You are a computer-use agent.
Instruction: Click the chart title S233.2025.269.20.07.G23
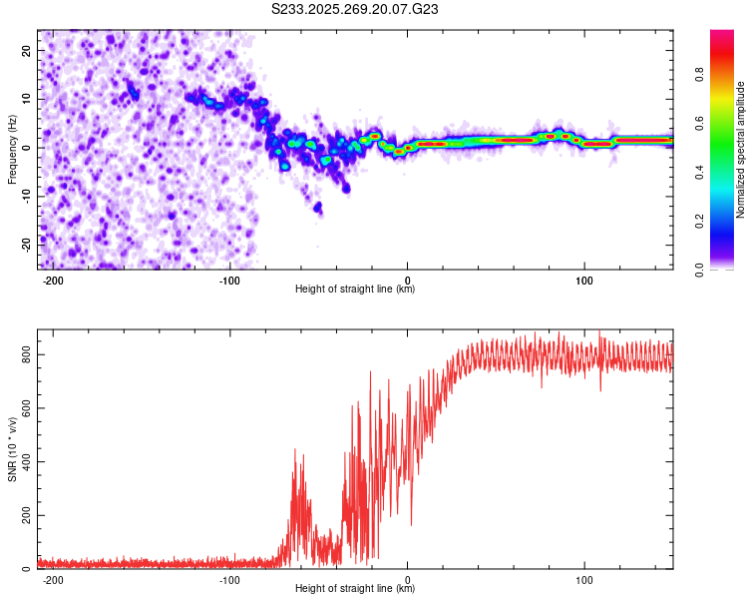coord(355,10)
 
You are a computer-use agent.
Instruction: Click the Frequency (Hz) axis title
coord(13,149)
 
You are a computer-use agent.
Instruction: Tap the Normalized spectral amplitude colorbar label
coord(740,150)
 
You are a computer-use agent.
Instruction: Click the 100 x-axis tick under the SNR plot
coord(584,578)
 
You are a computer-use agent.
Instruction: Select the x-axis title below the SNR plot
coord(355,589)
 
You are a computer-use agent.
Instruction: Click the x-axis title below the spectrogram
coord(355,290)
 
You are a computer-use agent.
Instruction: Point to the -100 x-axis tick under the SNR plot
coord(229,578)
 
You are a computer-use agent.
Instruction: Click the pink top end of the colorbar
coord(721,35)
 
